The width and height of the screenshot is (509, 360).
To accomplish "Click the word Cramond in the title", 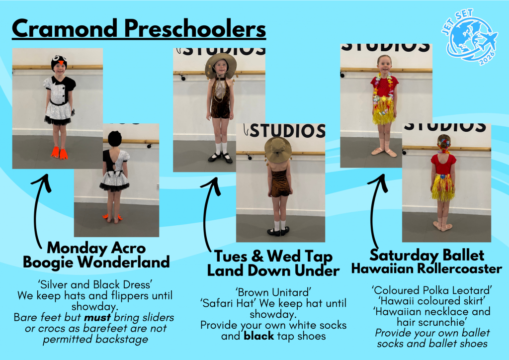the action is pyautogui.click(x=64, y=28).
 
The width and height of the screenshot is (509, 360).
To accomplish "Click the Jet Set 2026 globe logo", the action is pyautogui.click(x=469, y=37).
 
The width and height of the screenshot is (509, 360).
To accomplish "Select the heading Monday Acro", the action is pyautogui.click(x=96, y=248).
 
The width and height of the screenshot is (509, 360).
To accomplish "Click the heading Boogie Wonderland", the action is pyautogui.click(x=96, y=262).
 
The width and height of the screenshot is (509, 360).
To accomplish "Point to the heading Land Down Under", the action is pyautogui.click(x=273, y=270).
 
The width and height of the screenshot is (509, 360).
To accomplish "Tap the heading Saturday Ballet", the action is pyautogui.click(x=426, y=255).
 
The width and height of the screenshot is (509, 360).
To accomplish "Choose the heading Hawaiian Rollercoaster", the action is pyautogui.click(x=426, y=269).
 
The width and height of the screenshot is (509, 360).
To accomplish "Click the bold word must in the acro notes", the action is pyautogui.click(x=97, y=317).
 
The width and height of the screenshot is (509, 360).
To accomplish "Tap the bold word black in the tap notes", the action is pyautogui.click(x=258, y=336).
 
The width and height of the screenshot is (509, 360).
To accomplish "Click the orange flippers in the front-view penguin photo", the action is pyautogui.click(x=60, y=153).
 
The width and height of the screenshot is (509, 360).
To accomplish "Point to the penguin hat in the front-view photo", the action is pyautogui.click(x=59, y=63).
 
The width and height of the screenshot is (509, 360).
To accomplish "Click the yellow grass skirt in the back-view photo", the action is pyautogui.click(x=443, y=187).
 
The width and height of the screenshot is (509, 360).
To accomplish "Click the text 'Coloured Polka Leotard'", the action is pyautogui.click(x=432, y=290).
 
